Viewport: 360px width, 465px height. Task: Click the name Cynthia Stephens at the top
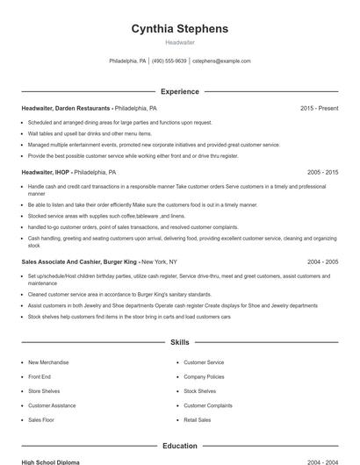[179, 28]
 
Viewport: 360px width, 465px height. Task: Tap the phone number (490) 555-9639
[170, 61]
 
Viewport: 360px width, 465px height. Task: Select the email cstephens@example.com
[221, 61]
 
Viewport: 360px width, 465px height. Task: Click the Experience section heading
[179, 91]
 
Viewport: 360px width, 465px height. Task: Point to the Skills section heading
[179, 342]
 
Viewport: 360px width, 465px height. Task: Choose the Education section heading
[179, 446]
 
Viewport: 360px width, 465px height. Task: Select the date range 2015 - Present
[319, 108]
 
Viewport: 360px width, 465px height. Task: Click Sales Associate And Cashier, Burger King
[79, 261]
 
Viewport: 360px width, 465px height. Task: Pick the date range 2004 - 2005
[322, 261]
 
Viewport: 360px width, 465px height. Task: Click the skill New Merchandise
[47, 362]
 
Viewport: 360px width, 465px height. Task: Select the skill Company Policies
[204, 376]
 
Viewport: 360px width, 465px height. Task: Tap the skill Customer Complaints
[208, 405]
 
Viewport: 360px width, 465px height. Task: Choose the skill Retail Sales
[198, 420]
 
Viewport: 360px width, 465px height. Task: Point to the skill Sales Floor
[41, 420]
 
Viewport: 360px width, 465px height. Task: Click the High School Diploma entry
[51, 461]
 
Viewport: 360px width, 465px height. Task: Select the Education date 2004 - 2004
[322, 461]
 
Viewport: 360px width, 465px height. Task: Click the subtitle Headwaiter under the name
[179, 42]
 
